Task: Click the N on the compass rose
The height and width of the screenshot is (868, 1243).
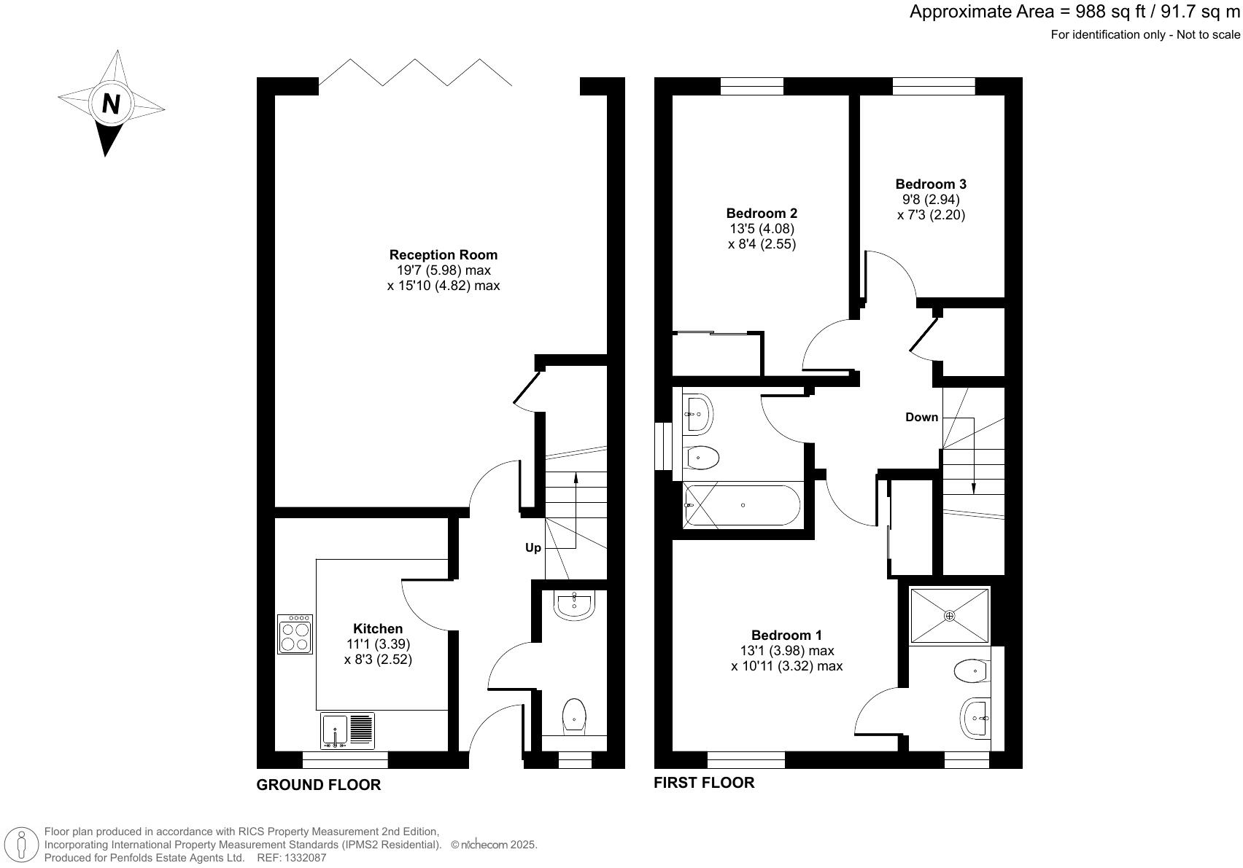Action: coord(111,103)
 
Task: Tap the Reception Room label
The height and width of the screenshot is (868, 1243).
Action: coord(443,255)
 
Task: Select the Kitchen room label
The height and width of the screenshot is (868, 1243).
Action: coord(377,628)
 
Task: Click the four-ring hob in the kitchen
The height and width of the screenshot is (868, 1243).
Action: coord(295,634)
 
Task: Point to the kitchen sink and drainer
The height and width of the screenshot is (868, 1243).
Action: coord(347,731)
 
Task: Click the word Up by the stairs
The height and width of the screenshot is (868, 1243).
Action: coord(533,547)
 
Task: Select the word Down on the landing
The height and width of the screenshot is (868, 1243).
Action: coord(921,417)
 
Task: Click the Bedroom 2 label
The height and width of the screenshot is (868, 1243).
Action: coord(762,214)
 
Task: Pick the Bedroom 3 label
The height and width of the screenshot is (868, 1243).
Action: coord(931,184)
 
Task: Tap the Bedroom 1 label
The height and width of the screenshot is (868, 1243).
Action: coord(786,636)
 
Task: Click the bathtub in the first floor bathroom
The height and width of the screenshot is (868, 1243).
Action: coord(742,506)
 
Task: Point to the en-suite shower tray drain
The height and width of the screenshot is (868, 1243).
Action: coord(949,616)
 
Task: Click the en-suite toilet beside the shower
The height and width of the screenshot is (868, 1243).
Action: coord(971,670)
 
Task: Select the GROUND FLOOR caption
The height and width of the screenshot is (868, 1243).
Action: coord(319,785)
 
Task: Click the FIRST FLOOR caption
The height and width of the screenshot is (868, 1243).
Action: coord(704,783)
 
